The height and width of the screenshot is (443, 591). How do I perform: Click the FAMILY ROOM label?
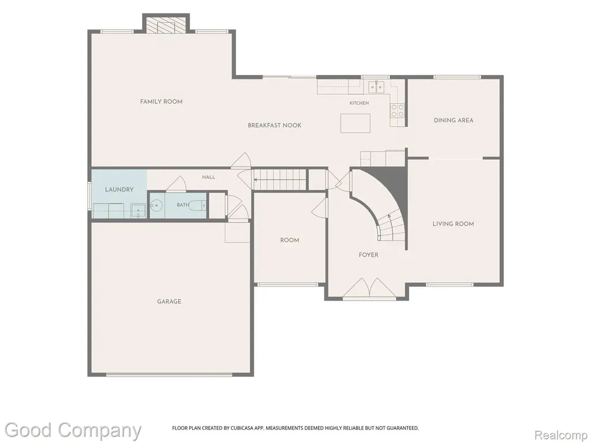coord(162,102)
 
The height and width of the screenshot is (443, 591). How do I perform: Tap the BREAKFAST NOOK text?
coord(274,125)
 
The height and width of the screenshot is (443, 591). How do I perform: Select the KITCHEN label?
coord(359,103)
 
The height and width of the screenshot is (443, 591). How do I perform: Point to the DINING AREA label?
coord(454,121)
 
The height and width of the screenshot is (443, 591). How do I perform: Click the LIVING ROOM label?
coord(453,224)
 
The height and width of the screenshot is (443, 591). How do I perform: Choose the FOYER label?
coord(368,255)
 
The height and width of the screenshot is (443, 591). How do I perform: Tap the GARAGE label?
coord(169,301)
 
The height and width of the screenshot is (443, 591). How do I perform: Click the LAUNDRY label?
coord(119,189)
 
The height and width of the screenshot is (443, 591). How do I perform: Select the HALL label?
coord(208,177)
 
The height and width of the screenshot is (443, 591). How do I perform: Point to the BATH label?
coord(183,205)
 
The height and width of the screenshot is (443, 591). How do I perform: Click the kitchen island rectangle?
coord(356,123)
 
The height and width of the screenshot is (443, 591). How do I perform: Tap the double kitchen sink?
coord(376,87)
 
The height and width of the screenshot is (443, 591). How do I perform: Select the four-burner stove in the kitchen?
coord(397,111)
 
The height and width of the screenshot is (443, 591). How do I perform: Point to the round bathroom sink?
coord(156,205)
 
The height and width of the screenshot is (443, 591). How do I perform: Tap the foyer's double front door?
coord(369,288)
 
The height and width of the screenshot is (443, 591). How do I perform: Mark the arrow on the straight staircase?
coord(279,180)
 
